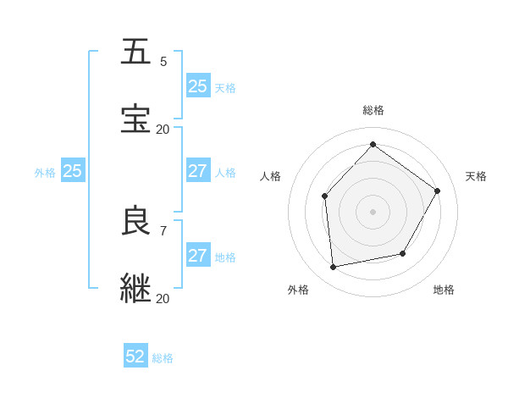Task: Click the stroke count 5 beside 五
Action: click(x=163, y=61)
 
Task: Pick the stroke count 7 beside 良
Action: click(x=163, y=230)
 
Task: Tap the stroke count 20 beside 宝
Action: click(x=163, y=130)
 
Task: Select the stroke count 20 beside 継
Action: click(x=163, y=299)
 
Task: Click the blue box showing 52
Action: click(x=135, y=357)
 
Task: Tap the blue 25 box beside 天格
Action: click(x=197, y=86)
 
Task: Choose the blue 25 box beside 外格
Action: click(x=72, y=171)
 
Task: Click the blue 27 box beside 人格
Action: click(x=197, y=171)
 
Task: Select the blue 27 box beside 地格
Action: click(x=197, y=256)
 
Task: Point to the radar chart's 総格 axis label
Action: click(x=373, y=110)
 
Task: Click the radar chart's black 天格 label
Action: click(x=476, y=176)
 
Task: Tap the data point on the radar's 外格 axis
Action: click(x=334, y=267)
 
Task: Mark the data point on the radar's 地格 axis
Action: click(x=403, y=253)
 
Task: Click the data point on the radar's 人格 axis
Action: click(x=325, y=196)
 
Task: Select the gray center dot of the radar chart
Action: click(x=373, y=212)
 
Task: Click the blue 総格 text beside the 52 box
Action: click(x=163, y=358)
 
